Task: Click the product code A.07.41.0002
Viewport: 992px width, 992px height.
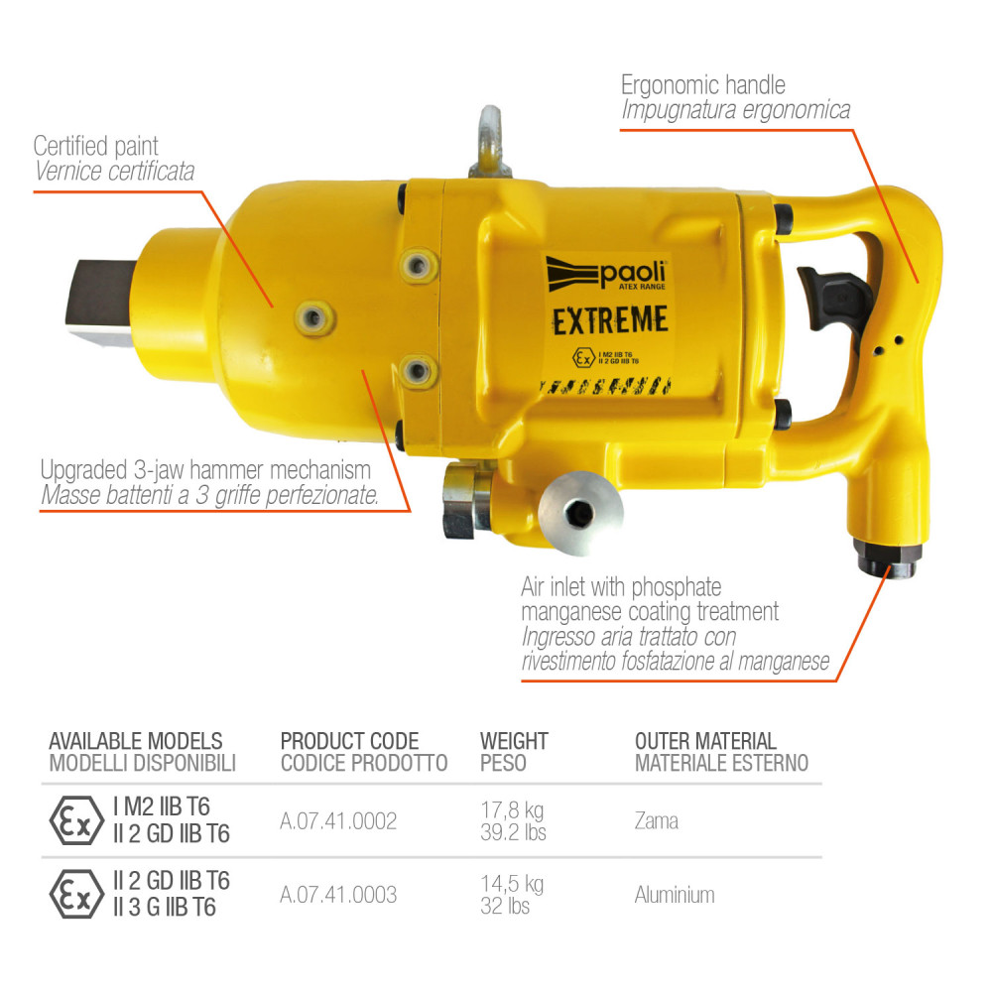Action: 338,820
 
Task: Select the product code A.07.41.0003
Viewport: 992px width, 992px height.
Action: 338,895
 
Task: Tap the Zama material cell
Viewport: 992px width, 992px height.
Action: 656,820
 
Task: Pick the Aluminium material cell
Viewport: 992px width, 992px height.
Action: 675,895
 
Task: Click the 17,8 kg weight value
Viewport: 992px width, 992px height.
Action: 512,809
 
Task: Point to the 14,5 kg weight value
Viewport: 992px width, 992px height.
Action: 512,883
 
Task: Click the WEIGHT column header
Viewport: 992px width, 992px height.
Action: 514,741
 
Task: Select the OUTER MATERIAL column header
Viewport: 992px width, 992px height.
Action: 705,741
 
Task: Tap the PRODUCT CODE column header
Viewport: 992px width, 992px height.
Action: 349,741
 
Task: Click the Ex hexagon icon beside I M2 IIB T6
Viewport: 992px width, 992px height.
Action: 76,820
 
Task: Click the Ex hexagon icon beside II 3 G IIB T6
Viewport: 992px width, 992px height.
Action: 76,894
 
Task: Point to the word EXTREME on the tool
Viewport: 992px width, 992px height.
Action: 610,320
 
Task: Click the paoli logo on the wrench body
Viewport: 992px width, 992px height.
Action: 606,275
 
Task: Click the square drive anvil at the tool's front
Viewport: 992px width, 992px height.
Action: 102,302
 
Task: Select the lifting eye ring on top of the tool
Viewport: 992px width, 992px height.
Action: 490,142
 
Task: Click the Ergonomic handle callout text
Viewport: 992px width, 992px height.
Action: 703,84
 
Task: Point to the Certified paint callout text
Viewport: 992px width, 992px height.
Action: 95,146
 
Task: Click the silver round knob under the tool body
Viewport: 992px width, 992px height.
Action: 580,513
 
